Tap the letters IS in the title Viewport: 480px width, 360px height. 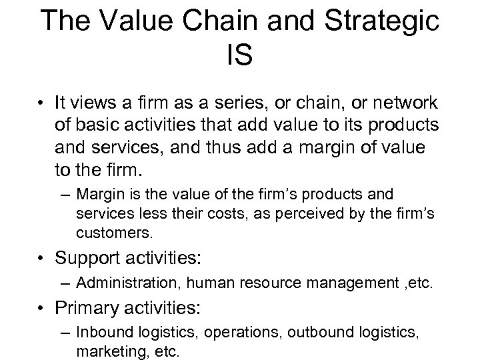point(240,55)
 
